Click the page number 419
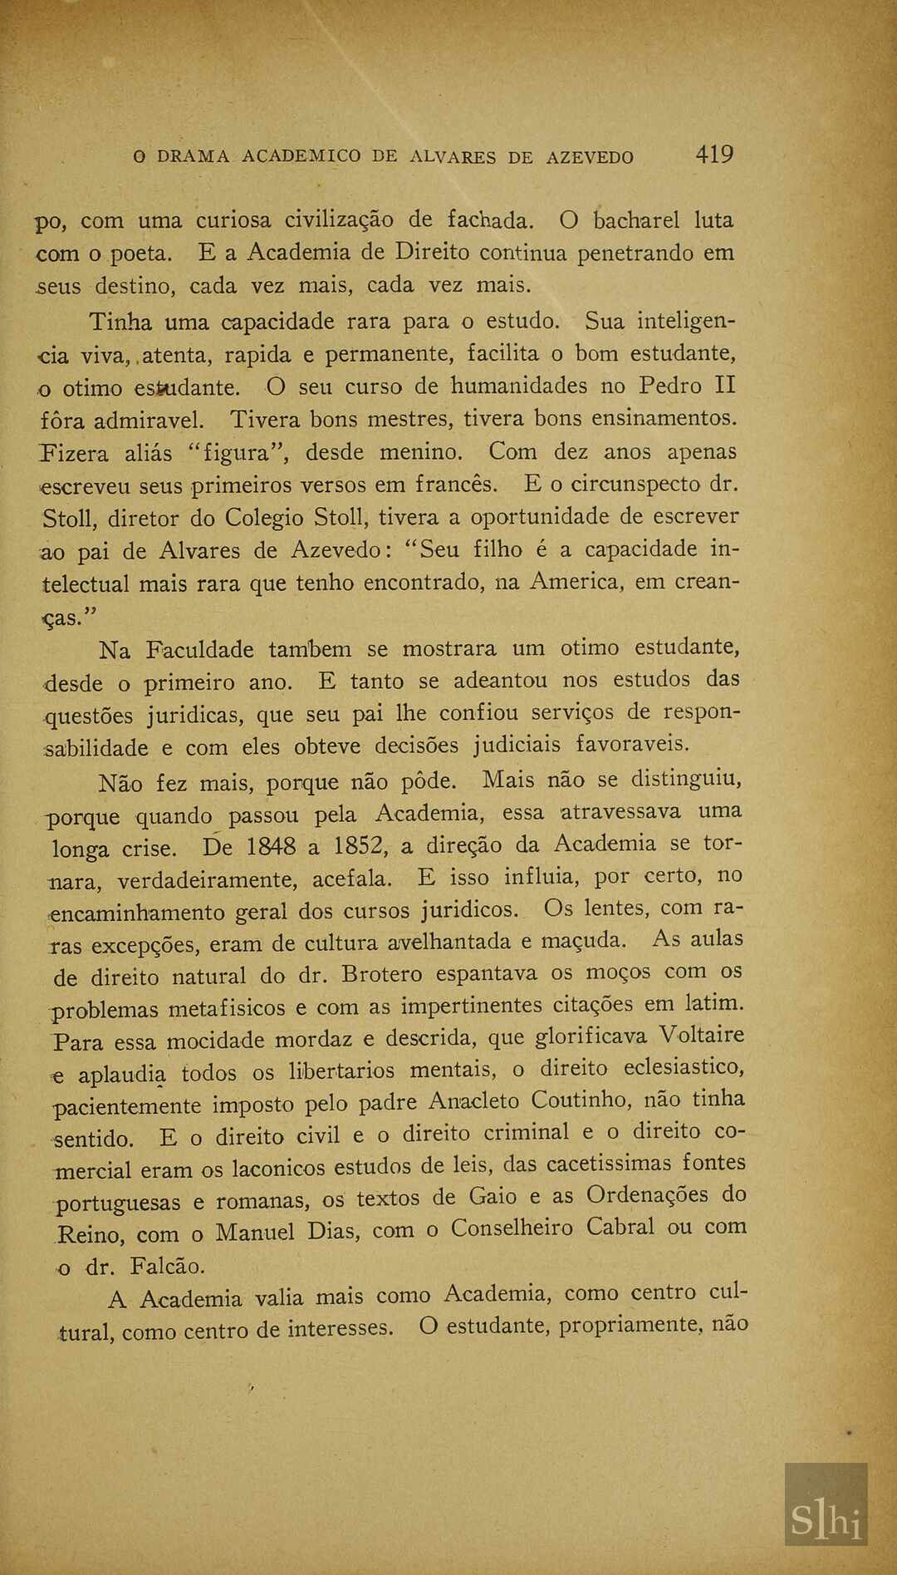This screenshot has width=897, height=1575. click(714, 155)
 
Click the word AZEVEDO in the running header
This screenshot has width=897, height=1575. click(590, 157)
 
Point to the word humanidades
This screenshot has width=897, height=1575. click(520, 386)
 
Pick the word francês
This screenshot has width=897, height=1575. click(457, 484)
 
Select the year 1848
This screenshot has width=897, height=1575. click(271, 847)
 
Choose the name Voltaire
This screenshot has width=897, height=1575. click(702, 1036)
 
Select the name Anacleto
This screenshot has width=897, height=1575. click(473, 1102)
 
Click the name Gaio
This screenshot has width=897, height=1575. click(493, 1198)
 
